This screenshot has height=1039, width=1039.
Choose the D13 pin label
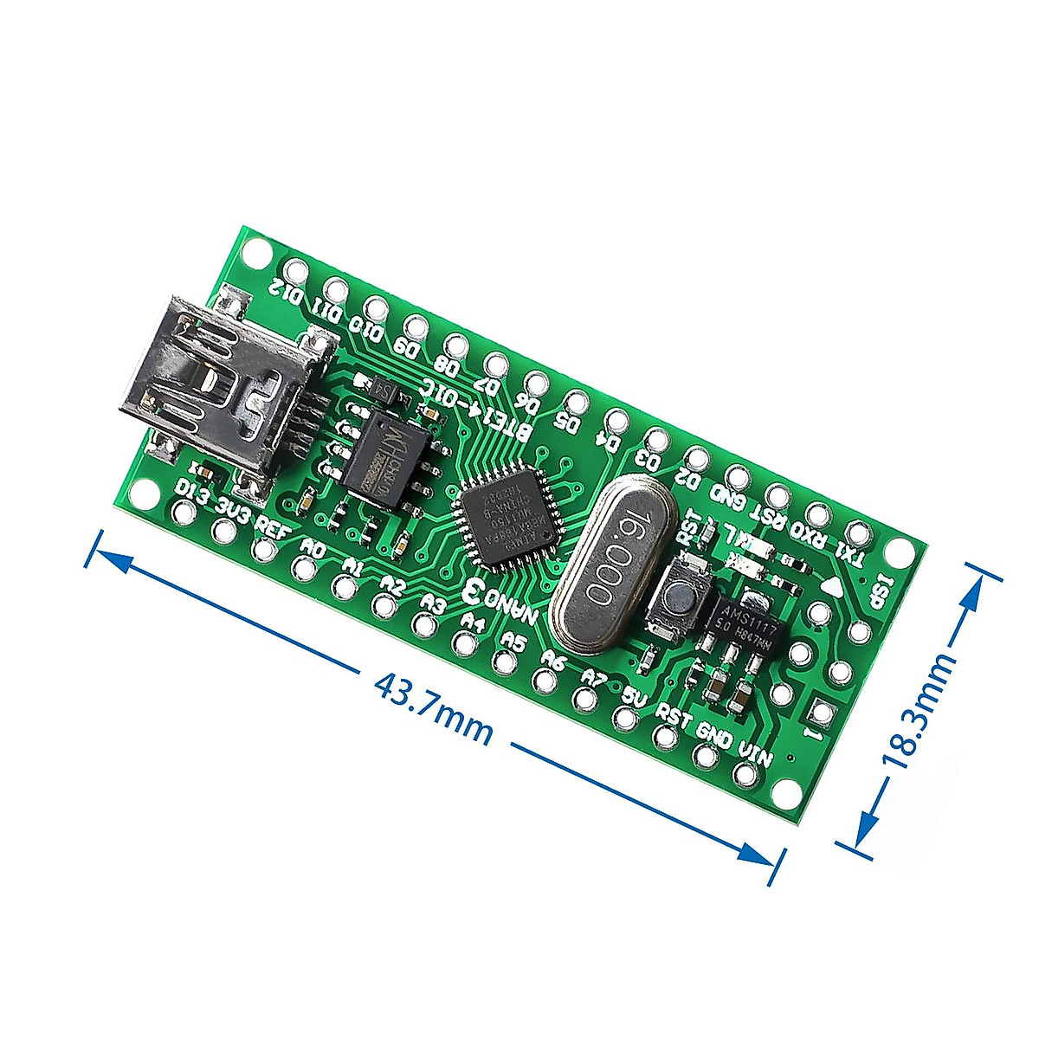pos(191,494)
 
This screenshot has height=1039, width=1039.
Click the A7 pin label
pos(594,677)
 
